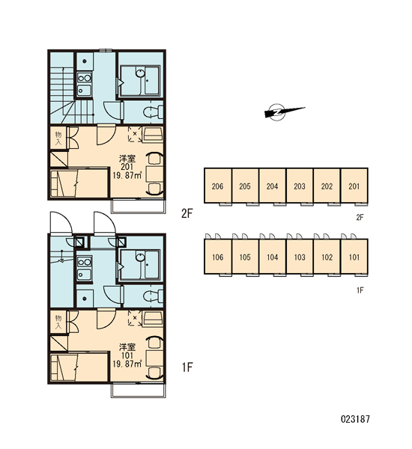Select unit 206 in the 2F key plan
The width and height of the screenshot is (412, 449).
pos(218,186)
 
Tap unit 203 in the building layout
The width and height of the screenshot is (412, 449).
pos(300,186)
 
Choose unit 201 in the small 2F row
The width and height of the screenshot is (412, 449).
pos(354,186)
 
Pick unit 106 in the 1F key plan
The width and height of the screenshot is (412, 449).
pos(218,257)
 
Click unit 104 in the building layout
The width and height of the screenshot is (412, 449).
pos(273,257)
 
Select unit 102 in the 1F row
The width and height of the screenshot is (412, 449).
pos(327,257)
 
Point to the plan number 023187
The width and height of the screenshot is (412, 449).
pos(355,419)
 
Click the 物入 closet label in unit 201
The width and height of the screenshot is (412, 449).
pos(58,138)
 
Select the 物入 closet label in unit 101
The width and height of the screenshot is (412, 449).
pos(58,322)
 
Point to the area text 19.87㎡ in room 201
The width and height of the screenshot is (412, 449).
pos(127,175)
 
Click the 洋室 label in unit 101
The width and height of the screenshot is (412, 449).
pos(127,347)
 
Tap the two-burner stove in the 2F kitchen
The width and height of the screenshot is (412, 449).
pos(85,78)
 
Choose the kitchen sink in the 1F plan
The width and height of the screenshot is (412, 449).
pos(84,275)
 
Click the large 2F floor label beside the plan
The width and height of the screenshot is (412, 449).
pos(187,213)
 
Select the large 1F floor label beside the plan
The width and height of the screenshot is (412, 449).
pos(187,367)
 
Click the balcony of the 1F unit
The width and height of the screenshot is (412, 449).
pos(138,391)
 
